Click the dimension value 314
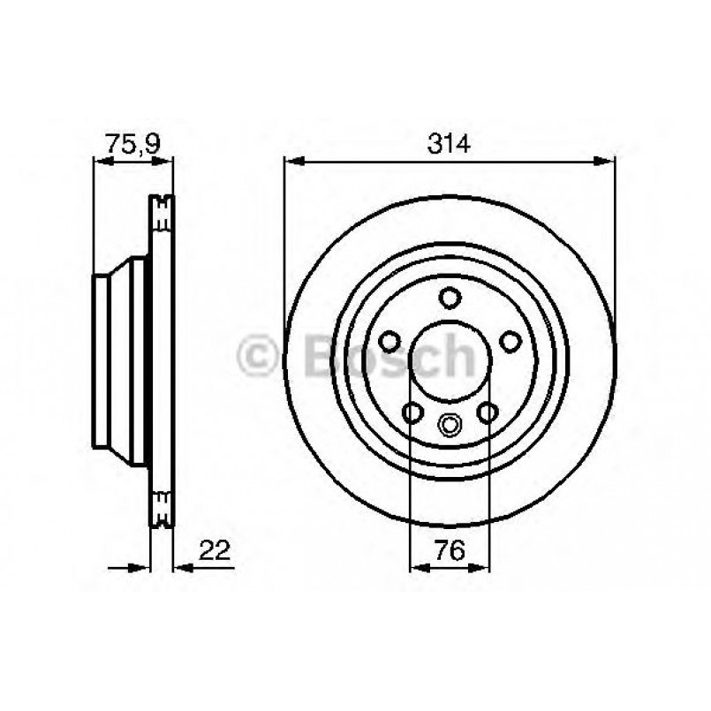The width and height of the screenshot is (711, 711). click(449, 143)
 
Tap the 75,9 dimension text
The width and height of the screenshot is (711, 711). click(132, 142)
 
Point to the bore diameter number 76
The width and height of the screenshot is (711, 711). click(450, 551)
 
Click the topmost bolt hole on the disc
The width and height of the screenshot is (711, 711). click(450, 297)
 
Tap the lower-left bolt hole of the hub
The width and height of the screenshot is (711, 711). click(412, 411)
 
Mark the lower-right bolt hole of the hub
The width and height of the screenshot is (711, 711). click(487, 411)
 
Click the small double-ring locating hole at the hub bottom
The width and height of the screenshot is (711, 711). click(450, 425)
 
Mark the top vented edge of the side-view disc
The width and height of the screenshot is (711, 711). click(161, 212)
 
